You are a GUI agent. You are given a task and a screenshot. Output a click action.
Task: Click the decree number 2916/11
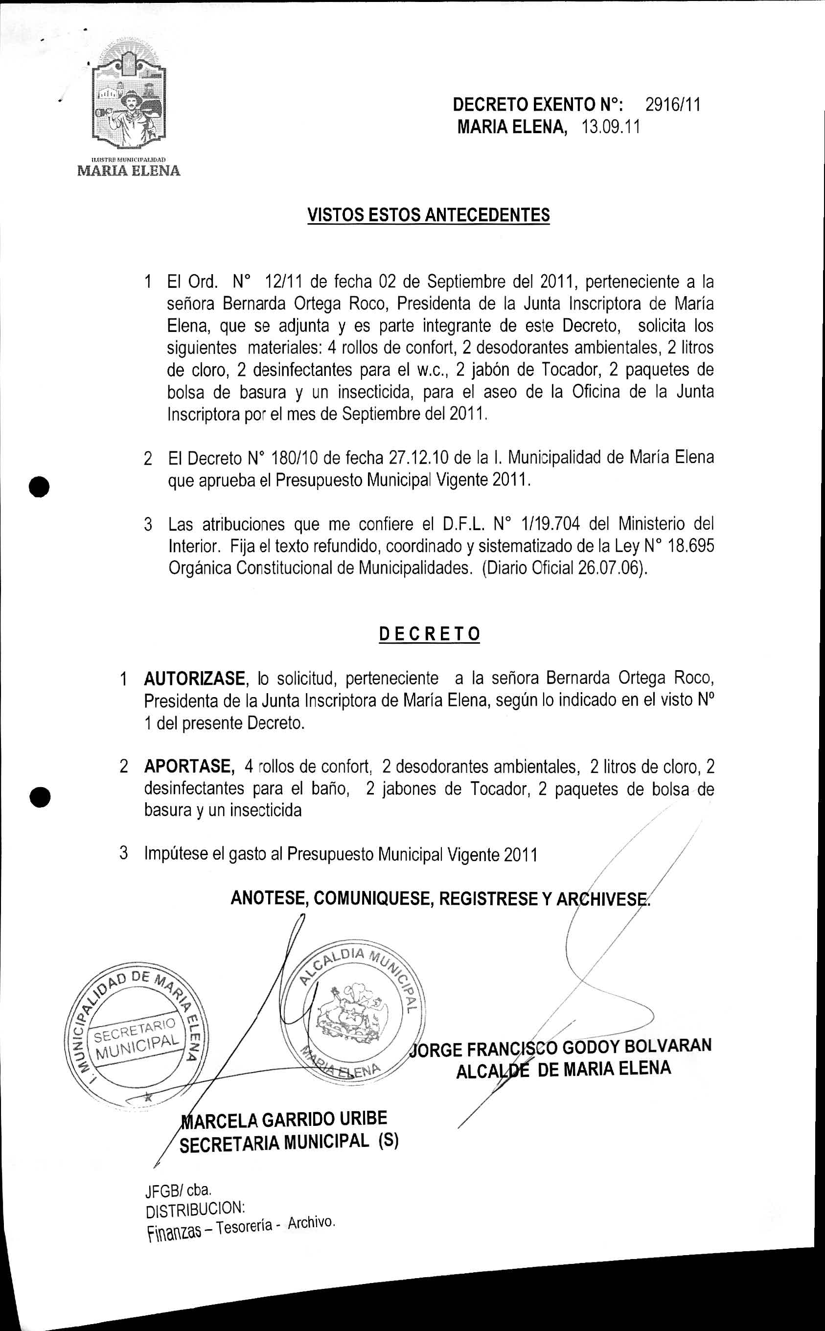click(x=672, y=104)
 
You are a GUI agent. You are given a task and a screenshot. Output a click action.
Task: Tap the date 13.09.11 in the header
click(x=611, y=127)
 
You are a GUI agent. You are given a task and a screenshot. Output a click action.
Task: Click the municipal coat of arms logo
click(x=129, y=101)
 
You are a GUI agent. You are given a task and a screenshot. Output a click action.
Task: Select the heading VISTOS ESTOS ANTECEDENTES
click(x=428, y=215)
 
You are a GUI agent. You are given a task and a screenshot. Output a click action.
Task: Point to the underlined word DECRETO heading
click(x=430, y=633)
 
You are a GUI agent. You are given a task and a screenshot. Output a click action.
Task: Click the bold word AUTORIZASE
click(x=194, y=678)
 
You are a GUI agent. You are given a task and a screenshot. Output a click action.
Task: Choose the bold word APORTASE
click(x=189, y=766)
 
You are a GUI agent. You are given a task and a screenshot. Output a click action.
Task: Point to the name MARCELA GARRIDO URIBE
click(x=284, y=1119)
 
